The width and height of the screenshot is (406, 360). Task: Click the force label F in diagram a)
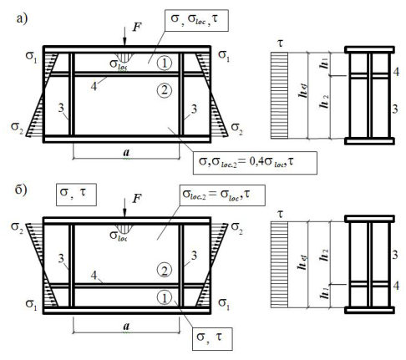point(137,28)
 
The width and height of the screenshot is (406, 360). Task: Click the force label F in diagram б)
point(137,199)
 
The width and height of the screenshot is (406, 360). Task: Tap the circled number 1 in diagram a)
point(165,63)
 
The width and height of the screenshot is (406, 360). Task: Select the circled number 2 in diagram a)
point(165,90)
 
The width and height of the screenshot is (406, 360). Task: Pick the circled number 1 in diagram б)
point(165,297)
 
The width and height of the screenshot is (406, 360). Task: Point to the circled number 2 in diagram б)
point(165,270)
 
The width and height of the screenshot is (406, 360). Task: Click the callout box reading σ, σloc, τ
point(196,20)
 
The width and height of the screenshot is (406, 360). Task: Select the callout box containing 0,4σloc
point(255,163)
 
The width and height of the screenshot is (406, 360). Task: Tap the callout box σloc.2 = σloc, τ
point(222,195)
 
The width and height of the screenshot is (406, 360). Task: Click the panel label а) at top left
point(22,18)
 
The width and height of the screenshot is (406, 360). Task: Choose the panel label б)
point(21,190)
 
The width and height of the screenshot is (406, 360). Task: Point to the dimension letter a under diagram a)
point(126,153)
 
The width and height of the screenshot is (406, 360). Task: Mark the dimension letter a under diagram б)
point(126,326)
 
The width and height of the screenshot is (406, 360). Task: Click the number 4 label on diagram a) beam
point(94,86)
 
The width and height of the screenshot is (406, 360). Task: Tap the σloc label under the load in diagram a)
point(119,64)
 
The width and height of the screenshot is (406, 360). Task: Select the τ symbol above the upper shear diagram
point(280,43)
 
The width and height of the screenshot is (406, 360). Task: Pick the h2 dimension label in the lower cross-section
point(324,256)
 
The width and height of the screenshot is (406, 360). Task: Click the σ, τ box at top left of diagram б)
point(76,195)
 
